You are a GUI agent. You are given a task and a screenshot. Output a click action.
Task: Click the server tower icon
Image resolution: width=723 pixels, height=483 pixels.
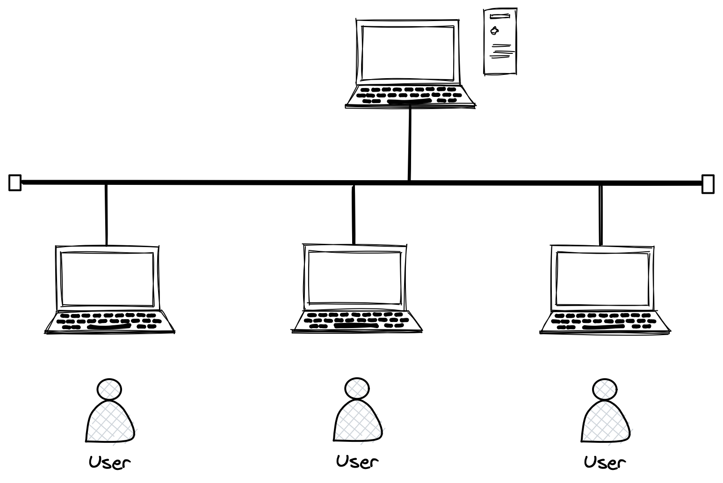[500, 41]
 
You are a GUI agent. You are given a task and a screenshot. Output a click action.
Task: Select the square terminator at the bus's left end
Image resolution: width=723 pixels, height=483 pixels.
[15, 183]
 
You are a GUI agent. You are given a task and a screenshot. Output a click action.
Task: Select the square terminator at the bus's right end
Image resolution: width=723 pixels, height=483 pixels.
[708, 184]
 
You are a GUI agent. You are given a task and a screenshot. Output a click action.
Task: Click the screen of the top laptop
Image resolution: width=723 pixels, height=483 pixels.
[407, 53]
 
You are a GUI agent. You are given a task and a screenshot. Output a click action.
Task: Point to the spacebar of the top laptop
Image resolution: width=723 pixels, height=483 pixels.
[409, 101]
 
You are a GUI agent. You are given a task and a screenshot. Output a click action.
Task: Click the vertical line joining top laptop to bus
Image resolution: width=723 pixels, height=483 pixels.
[410, 143]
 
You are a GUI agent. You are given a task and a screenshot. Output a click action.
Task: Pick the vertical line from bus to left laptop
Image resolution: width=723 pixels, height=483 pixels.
[106, 214]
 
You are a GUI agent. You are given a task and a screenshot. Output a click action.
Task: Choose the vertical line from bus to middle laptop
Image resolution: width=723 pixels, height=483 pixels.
[353, 214]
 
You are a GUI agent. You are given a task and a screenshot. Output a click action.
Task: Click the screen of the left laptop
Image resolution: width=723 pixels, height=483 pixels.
[108, 279]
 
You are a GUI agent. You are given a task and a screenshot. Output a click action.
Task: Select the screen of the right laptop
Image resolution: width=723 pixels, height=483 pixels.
[602, 278]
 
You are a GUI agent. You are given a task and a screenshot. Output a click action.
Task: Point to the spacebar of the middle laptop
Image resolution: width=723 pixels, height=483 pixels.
[356, 326]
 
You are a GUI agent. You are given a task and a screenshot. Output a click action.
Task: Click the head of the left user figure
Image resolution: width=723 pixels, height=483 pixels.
[109, 389]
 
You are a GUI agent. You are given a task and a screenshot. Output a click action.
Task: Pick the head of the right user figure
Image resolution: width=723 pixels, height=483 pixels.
[604, 389]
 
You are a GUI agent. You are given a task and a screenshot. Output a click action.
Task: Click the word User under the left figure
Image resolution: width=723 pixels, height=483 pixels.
[110, 462]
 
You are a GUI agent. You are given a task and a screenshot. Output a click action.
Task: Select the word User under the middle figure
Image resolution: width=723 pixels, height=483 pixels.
[357, 461]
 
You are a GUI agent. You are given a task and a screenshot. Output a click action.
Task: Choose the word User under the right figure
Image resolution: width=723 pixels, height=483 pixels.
[604, 462]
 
